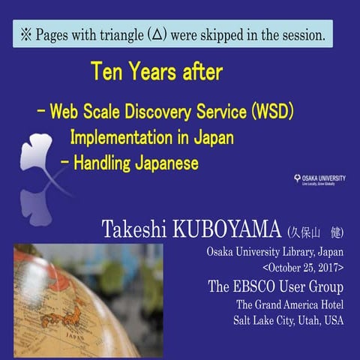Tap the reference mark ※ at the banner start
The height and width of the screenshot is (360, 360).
pyautogui.click(x=25, y=35)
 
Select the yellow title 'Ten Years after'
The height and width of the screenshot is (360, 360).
pyautogui.click(x=156, y=72)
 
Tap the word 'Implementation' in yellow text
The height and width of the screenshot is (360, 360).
pyautogui.click(x=119, y=137)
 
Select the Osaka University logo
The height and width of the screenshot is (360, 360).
pyautogui.click(x=319, y=180)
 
